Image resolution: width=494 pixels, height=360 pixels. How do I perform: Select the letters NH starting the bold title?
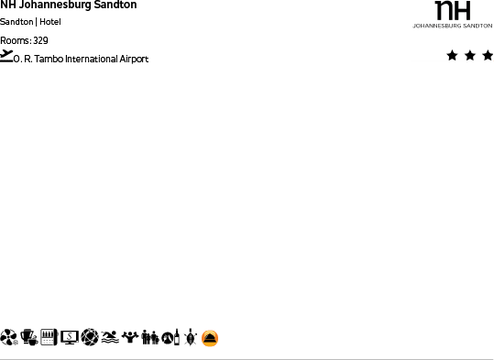tap(7, 5)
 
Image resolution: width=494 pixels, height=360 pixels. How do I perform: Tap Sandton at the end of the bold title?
tap(115, 5)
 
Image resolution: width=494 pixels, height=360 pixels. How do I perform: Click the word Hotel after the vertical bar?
tap(49, 22)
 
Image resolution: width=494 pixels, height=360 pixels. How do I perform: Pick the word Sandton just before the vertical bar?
tap(16, 22)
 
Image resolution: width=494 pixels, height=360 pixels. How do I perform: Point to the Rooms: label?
tap(15, 40)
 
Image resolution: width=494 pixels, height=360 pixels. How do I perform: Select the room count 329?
tap(40, 40)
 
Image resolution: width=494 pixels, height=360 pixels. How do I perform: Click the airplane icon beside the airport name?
tap(7, 56)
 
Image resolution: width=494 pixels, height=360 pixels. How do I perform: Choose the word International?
tap(92, 60)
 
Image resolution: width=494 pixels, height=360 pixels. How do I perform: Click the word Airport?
tap(134, 60)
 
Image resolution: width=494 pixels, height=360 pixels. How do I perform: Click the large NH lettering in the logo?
tap(452, 11)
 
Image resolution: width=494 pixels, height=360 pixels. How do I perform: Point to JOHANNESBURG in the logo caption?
tap(435, 27)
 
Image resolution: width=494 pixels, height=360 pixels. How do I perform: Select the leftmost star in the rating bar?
tap(453, 56)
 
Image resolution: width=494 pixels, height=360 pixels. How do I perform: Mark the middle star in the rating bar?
tap(470, 56)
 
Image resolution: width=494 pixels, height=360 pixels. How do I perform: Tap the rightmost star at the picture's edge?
tap(488, 56)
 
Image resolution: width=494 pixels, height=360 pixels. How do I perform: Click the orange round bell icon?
tap(210, 338)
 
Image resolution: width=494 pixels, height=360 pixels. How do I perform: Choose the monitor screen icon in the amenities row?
tap(70, 338)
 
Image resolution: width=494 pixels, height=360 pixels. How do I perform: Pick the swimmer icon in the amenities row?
tap(109, 338)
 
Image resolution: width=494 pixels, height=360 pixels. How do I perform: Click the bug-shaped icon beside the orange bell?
tap(190, 338)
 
